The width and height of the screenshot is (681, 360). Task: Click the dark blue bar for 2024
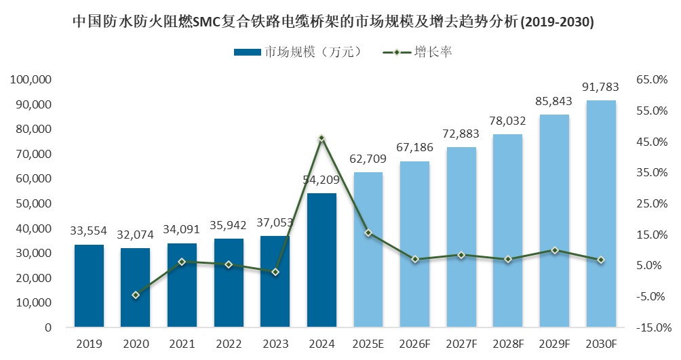pyautogui.click(x=322, y=260)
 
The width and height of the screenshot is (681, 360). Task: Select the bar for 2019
pyautogui.click(x=89, y=286)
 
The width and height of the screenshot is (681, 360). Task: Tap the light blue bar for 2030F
pyautogui.click(x=601, y=214)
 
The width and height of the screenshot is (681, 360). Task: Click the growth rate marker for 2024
pyautogui.click(x=322, y=138)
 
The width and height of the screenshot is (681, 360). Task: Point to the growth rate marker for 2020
pyautogui.click(x=136, y=295)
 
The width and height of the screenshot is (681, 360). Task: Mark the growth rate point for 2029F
pyautogui.click(x=554, y=250)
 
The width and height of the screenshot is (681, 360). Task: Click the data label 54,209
pyautogui.click(x=322, y=180)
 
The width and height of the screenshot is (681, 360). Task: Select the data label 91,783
pyautogui.click(x=601, y=87)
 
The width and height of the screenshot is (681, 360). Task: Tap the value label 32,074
pyautogui.click(x=136, y=235)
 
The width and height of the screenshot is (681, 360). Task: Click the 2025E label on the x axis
pyautogui.click(x=368, y=344)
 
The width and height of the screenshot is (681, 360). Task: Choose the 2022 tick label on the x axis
pyautogui.click(x=229, y=344)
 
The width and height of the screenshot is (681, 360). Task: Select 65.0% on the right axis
pyautogui.click(x=652, y=80)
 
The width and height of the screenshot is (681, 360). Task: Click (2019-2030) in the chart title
pyautogui.click(x=557, y=22)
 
